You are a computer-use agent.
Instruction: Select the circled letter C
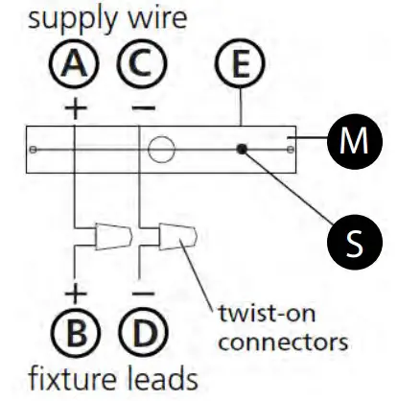(140, 68)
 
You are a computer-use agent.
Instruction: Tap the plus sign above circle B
(77, 289)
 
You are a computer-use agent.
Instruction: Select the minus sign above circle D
(140, 289)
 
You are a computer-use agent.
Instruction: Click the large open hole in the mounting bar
(162, 150)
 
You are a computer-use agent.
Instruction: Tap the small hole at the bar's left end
(34, 150)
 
